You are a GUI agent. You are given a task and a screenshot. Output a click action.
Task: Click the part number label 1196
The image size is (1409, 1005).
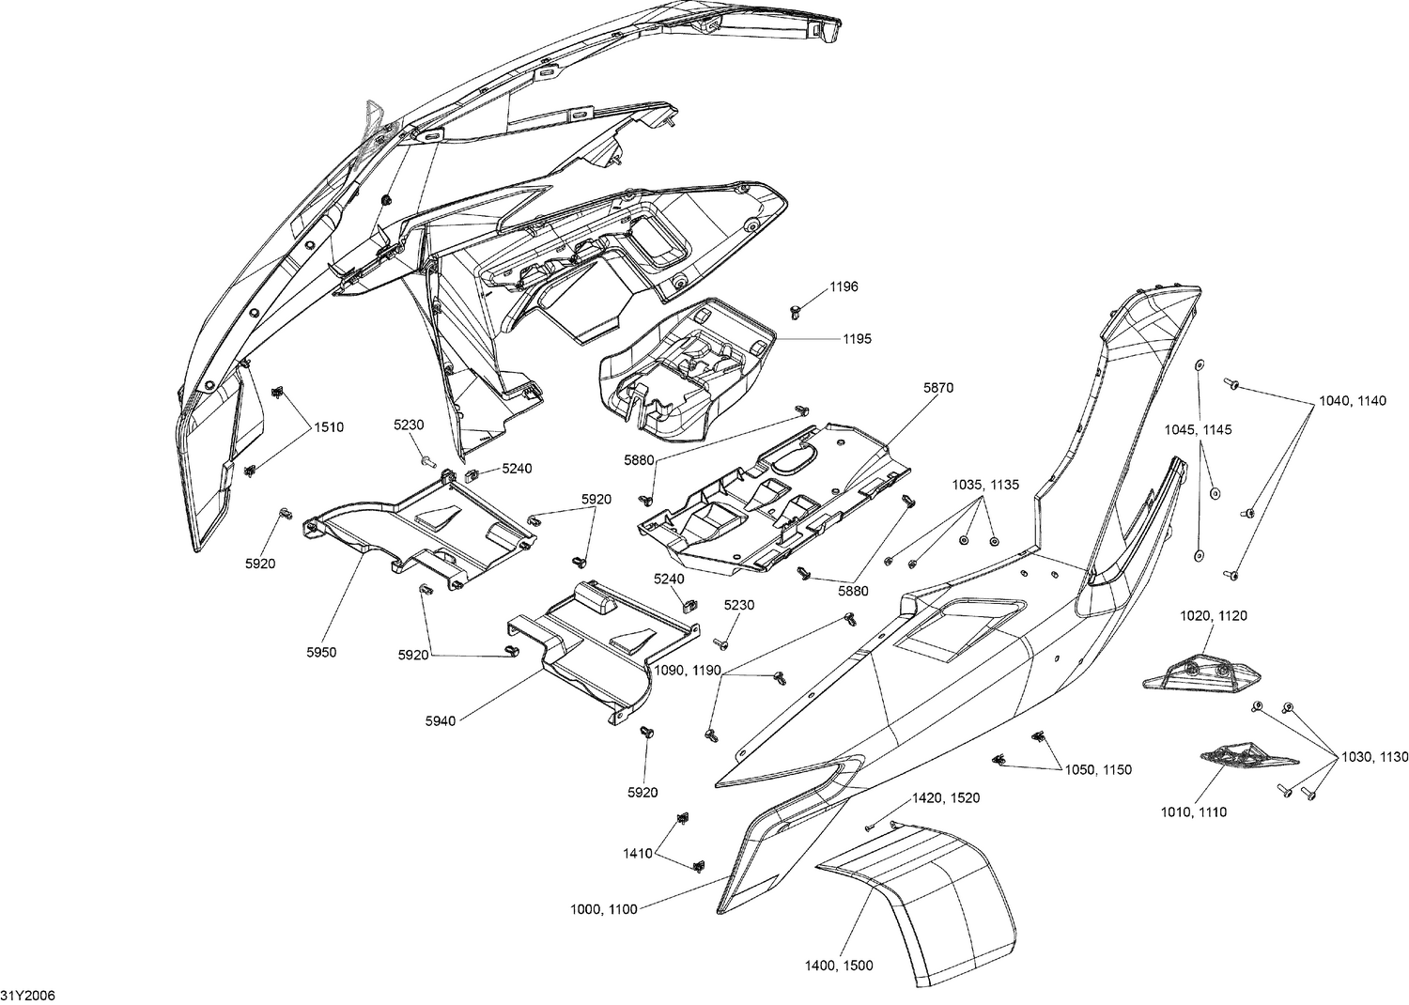pyautogui.click(x=844, y=286)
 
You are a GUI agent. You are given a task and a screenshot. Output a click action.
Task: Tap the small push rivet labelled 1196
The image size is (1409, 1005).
pyautogui.click(x=796, y=310)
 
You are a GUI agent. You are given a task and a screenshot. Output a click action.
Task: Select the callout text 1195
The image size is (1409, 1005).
pyautogui.click(x=857, y=338)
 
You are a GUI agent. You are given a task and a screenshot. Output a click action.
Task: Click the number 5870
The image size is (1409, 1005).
pyautogui.click(x=938, y=387)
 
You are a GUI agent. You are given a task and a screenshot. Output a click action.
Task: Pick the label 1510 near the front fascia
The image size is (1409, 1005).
pyautogui.click(x=329, y=427)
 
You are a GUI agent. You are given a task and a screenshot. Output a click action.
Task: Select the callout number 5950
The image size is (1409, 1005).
pyautogui.click(x=321, y=652)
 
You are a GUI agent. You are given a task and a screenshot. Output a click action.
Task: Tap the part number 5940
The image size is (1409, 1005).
pyautogui.click(x=440, y=720)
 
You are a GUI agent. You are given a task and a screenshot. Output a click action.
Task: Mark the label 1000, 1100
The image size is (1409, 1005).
pyautogui.click(x=604, y=908)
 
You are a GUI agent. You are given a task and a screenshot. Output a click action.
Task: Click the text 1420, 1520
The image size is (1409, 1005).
pyautogui.click(x=946, y=797)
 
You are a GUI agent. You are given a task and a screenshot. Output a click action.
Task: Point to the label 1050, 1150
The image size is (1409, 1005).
pyautogui.click(x=1098, y=769)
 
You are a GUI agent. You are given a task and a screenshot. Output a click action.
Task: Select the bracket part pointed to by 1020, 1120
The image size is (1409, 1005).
pyautogui.click(x=1198, y=673)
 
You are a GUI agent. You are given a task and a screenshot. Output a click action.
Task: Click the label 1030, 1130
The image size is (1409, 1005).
pyautogui.click(x=1375, y=756)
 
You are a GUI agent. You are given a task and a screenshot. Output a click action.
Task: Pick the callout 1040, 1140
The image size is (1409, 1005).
pyautogui.click(x=1353, y=401)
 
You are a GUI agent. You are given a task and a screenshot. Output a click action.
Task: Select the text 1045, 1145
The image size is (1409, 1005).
pyautogui.click(x=1198, y=429)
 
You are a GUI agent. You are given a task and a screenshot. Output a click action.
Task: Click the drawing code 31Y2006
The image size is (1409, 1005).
pyautogui.click(x=27, y=995)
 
